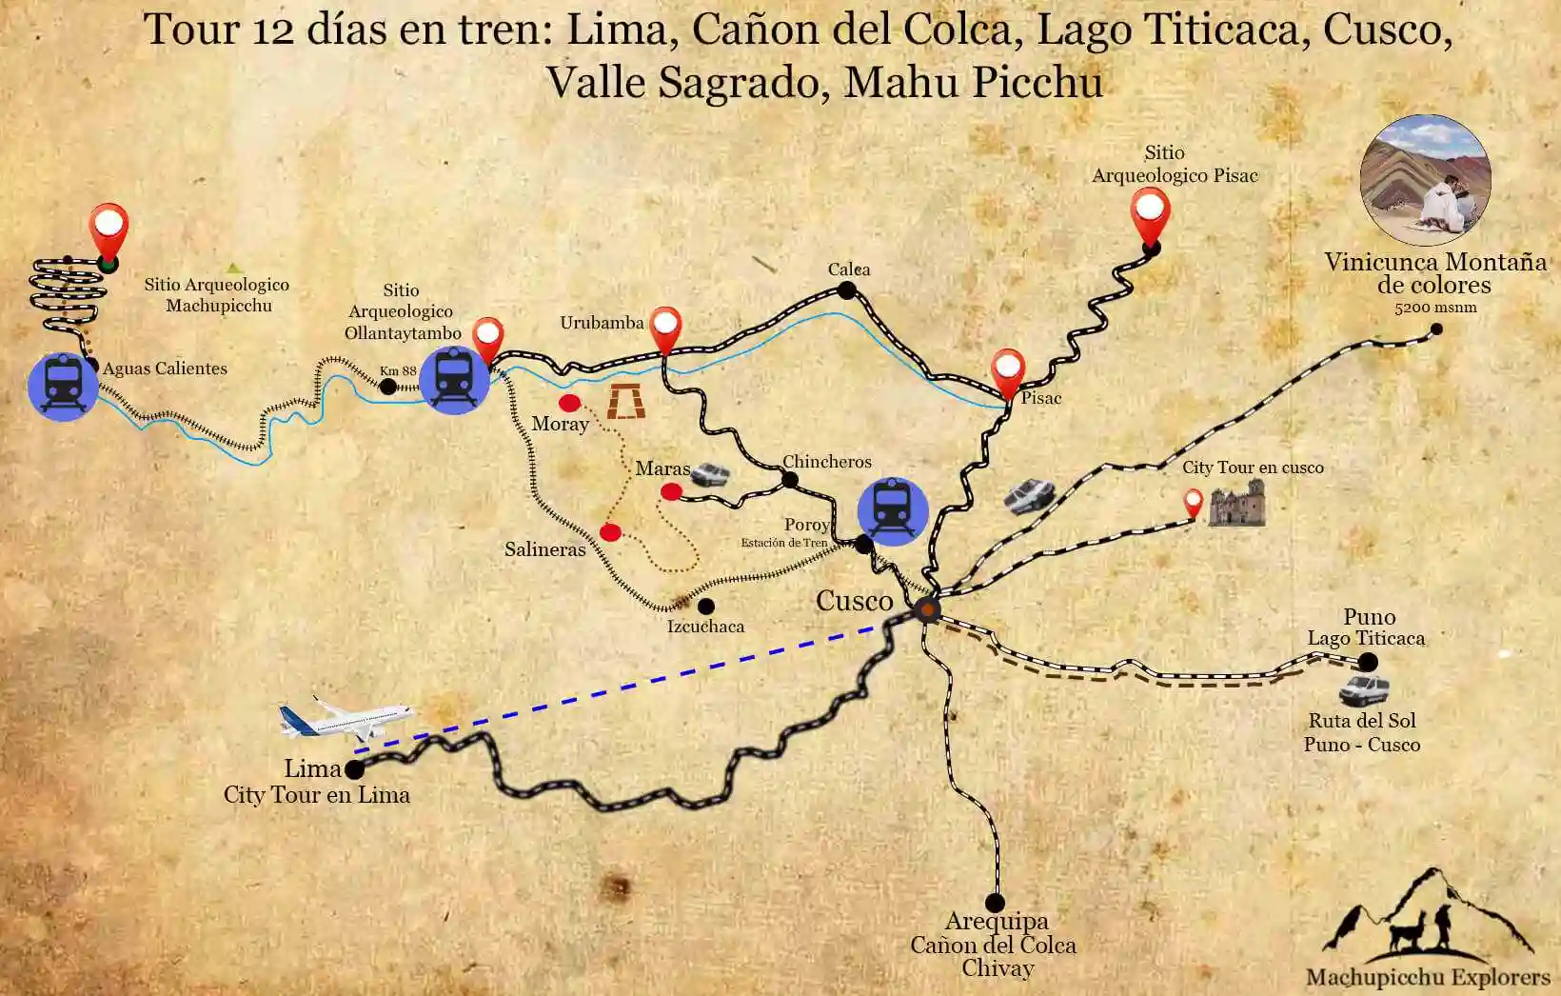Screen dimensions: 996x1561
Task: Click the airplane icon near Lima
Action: coord(346,719)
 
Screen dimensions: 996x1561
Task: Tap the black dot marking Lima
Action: coord(354,769)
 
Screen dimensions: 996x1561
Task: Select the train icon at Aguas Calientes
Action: coord(63,386)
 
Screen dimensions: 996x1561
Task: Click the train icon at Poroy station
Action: coord(892,511)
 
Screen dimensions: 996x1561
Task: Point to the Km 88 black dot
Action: coord(388,387)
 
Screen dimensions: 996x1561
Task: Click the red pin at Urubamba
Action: coord(665,329)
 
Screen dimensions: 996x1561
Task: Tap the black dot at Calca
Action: coord(847,290)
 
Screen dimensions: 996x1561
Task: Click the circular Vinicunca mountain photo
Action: coord(1424,179)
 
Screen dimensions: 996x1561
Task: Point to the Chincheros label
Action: coord(826,462)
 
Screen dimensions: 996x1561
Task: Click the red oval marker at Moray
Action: coord(569,404)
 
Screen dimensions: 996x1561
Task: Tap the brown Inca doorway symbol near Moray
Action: coord(626,402)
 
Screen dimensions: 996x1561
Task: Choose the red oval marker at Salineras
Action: coord(610,532)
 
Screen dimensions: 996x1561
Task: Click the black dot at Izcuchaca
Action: coord(706,606)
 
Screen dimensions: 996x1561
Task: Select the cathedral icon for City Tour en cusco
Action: coord(1236,504)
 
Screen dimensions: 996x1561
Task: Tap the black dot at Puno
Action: coord(1368,662)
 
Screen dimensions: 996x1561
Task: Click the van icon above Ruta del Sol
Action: coord(1364,688)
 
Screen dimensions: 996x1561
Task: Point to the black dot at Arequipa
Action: coord(995,902)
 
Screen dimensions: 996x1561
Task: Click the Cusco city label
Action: coord(854,601)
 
